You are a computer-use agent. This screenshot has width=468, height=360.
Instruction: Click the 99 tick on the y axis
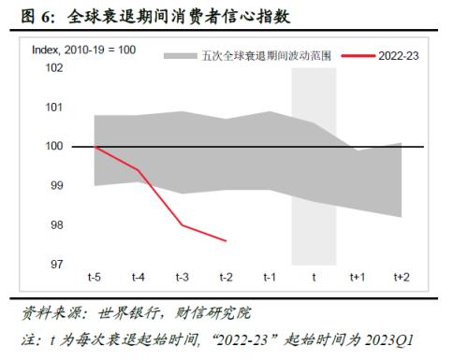pyautogui.click(x=57, y=186)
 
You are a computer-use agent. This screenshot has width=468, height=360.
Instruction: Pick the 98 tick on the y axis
pyautogui.click(x=57, y=225)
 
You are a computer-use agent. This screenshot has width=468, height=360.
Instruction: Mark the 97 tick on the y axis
pyautogui.click(x=57, y=265)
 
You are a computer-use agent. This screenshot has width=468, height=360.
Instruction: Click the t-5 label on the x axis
pyautogui.click(x=95, y=278)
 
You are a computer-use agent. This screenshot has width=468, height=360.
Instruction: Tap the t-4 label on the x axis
pyautogui.click(x=138, y=278)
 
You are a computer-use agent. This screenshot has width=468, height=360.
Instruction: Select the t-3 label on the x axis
pyautogui.click(x=182, y=278)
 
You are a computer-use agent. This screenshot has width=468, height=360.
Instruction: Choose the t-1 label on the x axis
pyautogui.click(x=270, y=278)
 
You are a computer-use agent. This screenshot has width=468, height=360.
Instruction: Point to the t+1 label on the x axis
pyautogui.click(x=358, y=278)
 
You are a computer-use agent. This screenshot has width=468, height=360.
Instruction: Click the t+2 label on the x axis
pyautogui.click(x=401, y=278)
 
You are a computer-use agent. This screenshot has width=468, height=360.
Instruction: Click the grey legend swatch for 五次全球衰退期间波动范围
pyautogui.click(x=179, y=56)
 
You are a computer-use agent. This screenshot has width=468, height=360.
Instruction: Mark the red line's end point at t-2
pyautogui.click(x=226, y=241)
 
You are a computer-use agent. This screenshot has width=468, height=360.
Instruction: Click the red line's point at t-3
pyautogui.click(x=182, y=225)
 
